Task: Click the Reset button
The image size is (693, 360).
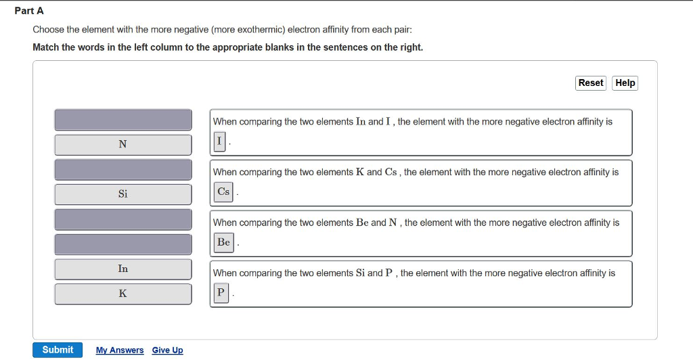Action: [590, 83]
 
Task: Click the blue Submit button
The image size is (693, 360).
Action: [58, 350]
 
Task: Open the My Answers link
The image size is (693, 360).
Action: [120, 351]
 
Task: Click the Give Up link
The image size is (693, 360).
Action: [167, 351]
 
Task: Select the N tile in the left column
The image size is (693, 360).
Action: [123, 144]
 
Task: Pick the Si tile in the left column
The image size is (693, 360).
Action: [123, 194]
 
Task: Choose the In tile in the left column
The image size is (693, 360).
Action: [123, 269]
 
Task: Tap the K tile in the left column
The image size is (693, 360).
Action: [123, 294]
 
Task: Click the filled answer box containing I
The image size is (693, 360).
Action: [219, 141]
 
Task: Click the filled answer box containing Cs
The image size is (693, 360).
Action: [223, 192]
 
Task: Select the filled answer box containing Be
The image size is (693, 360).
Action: [223, 242]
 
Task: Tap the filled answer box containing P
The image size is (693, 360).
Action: [220, 293]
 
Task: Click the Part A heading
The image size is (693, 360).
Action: [29, 11]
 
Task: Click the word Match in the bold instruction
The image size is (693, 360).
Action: [46, 47]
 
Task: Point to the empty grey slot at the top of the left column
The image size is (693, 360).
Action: [123, 120]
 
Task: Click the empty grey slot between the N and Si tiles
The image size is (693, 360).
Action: [123, 169]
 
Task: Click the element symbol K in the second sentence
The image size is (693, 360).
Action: [360, 172]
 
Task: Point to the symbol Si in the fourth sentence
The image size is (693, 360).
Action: [360, 273]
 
